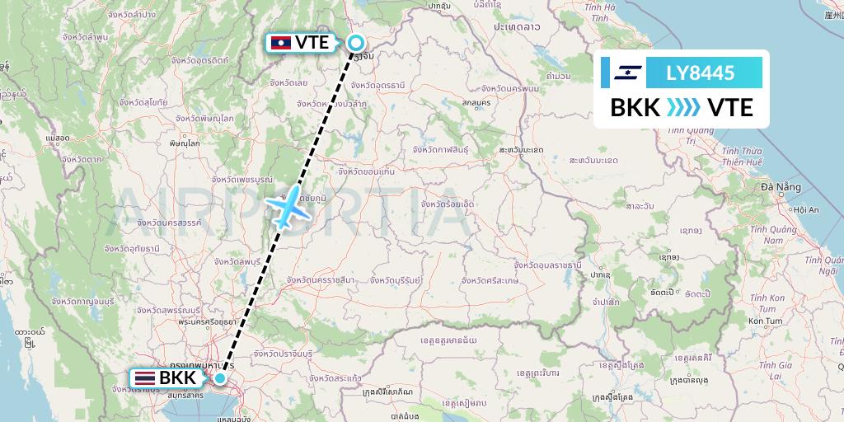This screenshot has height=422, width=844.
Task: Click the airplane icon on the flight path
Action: point(286,206)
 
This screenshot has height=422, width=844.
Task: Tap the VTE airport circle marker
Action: point(357,44)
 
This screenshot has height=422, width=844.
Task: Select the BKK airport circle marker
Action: point(220,378)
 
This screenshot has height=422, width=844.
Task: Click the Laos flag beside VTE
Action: point(279,42)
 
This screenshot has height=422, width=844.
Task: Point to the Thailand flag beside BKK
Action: point(144,378)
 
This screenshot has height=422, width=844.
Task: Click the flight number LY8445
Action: point(700,73)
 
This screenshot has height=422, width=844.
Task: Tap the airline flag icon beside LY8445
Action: point(627,73)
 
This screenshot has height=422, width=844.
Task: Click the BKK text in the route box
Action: point(635,107)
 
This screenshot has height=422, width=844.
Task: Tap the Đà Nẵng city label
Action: point(781,187)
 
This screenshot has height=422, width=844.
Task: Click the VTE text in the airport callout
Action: point(311,42)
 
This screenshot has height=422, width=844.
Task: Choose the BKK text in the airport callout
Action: point(177,378)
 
